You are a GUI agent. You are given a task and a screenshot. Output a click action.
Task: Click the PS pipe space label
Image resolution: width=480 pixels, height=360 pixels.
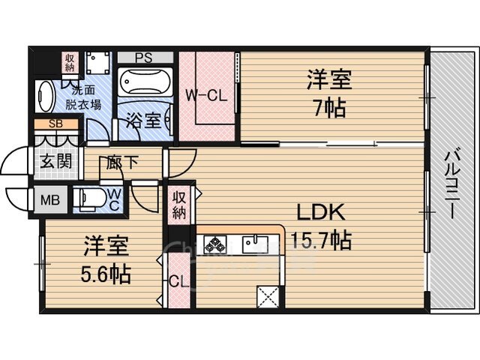click(144, 58)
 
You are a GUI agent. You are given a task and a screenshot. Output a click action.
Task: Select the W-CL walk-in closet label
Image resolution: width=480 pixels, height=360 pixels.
click(207, 95)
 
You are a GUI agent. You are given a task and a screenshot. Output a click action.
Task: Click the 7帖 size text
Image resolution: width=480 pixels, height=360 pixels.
click(330, 108)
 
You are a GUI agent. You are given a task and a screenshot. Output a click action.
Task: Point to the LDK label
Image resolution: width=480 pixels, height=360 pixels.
click(321, 211)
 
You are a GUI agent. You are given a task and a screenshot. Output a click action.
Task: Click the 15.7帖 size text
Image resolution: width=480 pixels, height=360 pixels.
click(321, 240)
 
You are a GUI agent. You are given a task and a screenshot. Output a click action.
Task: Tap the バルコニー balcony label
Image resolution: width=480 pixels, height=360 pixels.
click(451, 184)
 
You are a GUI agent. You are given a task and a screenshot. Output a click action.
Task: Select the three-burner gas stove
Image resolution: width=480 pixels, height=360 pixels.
click(215, 244)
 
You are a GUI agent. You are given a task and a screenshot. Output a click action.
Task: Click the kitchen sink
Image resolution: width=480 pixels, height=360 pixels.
click(256, 244)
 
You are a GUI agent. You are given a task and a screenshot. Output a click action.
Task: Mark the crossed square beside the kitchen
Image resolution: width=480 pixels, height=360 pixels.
click(268, 297)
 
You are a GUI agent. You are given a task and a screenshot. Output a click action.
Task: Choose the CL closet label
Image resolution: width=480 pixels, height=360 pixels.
click(178, 282)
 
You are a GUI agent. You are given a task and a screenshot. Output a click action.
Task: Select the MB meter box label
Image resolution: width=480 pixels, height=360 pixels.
click(50, 200)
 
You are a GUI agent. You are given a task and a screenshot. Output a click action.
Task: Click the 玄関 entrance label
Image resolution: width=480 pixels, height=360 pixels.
click(56, 161)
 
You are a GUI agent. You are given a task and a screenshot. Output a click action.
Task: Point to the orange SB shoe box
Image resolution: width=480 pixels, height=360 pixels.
click(56, 124)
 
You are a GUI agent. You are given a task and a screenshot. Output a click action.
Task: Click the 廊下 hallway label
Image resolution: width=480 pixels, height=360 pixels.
click(122, 162)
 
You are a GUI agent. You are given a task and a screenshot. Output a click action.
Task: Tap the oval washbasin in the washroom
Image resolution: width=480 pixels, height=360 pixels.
click(45, 97)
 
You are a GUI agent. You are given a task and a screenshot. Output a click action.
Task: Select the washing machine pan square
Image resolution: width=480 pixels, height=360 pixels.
click(97, 63)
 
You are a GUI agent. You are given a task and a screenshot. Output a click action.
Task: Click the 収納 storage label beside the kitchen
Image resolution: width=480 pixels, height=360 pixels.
click(179, 205)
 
